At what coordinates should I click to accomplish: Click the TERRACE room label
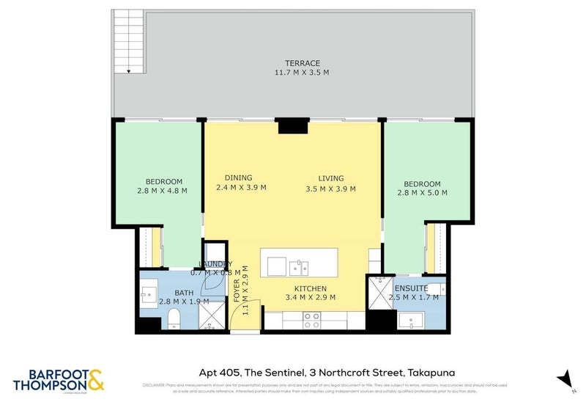[303, 64]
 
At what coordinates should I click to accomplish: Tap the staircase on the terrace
[129, 42]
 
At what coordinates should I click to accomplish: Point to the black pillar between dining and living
[294, 125]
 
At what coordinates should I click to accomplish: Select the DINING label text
[238, 178]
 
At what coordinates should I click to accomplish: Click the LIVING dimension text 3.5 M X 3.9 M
[330, 189]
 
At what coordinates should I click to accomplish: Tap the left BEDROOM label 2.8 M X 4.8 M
[162, 191]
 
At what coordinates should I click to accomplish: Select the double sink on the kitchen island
[298, 266]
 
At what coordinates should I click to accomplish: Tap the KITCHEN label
[311, 288]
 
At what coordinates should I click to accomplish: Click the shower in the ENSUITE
[379, 293]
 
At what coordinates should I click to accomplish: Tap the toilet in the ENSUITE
[436, 288]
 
